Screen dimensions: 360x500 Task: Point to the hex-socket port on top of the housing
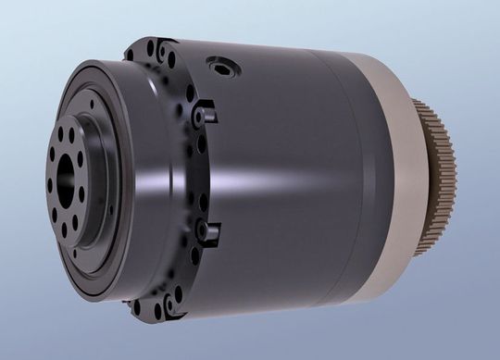pos(222,68)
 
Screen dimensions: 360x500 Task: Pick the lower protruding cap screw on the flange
pos(208,228)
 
